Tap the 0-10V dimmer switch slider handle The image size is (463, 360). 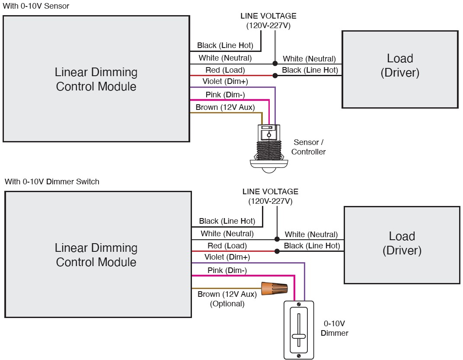(298, 336)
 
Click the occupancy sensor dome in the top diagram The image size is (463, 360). (268, 165)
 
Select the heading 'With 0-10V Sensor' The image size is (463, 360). (36, 6)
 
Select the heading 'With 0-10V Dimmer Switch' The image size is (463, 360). (52, 182)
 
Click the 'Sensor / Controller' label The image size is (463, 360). (308, 147)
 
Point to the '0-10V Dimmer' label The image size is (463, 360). (335, 328)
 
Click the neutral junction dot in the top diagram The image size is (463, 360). (275, 64)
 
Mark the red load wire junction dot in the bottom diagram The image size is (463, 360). (277, 251)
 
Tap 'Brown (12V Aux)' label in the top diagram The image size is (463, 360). (225, 107)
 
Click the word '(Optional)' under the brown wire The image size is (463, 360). (227, 304)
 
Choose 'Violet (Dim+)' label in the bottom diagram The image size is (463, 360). (227, 257)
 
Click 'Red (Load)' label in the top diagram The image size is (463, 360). (225, 70)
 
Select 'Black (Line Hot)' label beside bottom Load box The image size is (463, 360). (312, 246)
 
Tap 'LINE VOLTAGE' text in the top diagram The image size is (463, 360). (268, 16)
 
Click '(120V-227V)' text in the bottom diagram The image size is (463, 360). (270, 201)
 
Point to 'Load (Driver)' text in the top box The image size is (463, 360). (400, 65)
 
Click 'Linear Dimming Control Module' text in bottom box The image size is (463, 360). (96, 255)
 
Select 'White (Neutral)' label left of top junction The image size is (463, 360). (225, 58)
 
